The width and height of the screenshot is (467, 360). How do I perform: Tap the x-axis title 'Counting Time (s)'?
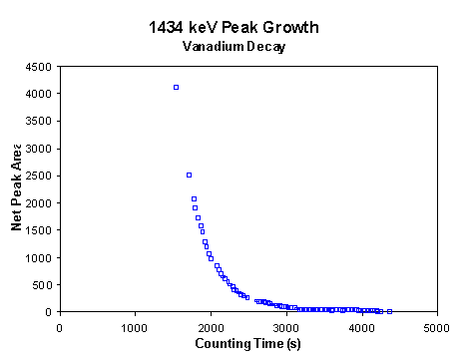pos(246,344)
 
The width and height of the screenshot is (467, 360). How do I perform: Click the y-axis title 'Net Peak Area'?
pos(17,188)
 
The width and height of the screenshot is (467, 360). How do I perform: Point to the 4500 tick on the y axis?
pos(40,67)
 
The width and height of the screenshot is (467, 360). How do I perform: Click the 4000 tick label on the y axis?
pos(40,94)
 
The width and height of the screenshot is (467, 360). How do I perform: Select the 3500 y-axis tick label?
pos(40,121)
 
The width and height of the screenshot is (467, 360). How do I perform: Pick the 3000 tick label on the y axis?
pos(40,149)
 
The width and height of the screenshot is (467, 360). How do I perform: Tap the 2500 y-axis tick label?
pos(40,176)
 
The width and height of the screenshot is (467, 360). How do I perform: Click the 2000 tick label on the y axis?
pos(40,202)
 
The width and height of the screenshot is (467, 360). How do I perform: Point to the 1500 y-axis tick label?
pos(40,230)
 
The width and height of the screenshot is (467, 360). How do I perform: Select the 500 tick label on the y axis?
pos(43,284)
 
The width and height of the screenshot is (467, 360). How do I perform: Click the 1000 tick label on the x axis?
pos(135,326)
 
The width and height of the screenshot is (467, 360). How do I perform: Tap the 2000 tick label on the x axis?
pos(210,326)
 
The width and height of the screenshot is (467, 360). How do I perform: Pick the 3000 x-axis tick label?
pos(285,326)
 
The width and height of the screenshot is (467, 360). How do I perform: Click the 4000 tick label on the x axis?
pos(360,326)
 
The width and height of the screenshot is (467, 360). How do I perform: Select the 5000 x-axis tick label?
pos(435,326)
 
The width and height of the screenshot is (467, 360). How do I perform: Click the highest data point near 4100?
pos(176,88)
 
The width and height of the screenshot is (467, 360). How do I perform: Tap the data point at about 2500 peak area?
pos(189,175)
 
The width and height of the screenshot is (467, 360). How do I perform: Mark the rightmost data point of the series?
pos(389,311)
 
